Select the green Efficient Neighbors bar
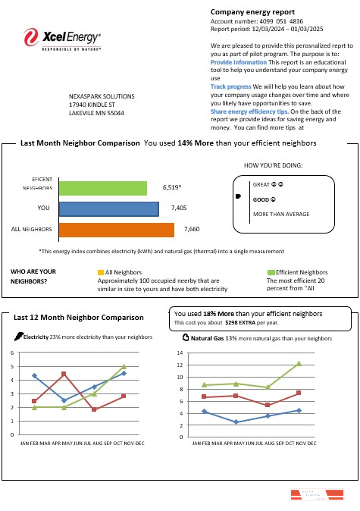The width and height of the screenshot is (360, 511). [102, 188]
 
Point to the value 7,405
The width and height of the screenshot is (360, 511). [179, 206]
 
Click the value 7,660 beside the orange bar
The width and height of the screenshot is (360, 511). [192, 228]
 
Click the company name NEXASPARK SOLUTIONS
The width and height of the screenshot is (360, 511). [102, 97]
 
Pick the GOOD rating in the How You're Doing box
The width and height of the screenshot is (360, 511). [263, 199]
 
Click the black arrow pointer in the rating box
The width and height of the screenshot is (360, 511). [239, 197]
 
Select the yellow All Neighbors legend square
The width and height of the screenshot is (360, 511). [101, 271]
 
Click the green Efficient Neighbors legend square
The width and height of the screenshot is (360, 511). [271, 271]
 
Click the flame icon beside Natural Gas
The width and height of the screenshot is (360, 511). [186, 337]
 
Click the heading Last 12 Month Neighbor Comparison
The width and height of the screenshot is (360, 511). [78, 317]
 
